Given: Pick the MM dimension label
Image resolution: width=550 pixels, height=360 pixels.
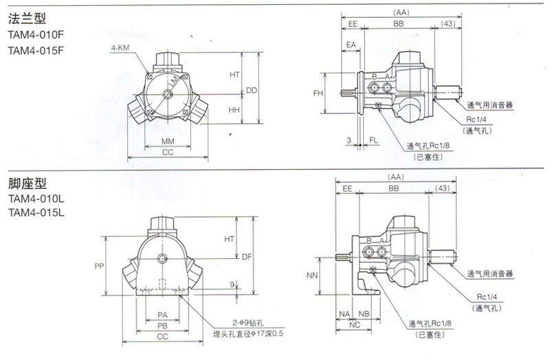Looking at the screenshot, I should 167,142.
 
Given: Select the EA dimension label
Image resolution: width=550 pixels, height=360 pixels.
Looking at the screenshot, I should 351,45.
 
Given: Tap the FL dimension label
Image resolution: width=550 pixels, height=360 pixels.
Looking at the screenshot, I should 373,140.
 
